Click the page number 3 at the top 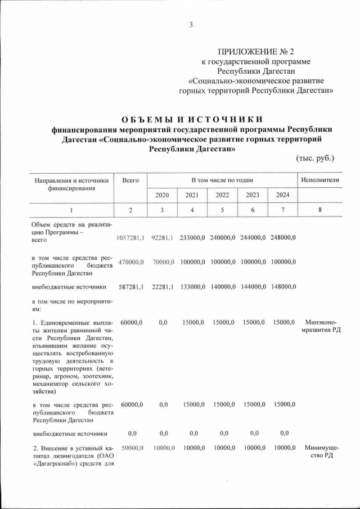coord(191,24)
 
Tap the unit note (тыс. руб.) coord(315,158)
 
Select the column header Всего coord(130,180)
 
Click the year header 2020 coord(162,195)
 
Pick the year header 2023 coord(253,195)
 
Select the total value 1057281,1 coord(130,238)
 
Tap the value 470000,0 coord(130,263)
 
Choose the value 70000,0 coord(162,263)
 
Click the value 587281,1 coord(130,287)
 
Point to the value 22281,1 coord(162,287)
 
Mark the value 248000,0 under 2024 coord(283,238)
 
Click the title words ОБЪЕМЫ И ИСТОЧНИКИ coord(192,119)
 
